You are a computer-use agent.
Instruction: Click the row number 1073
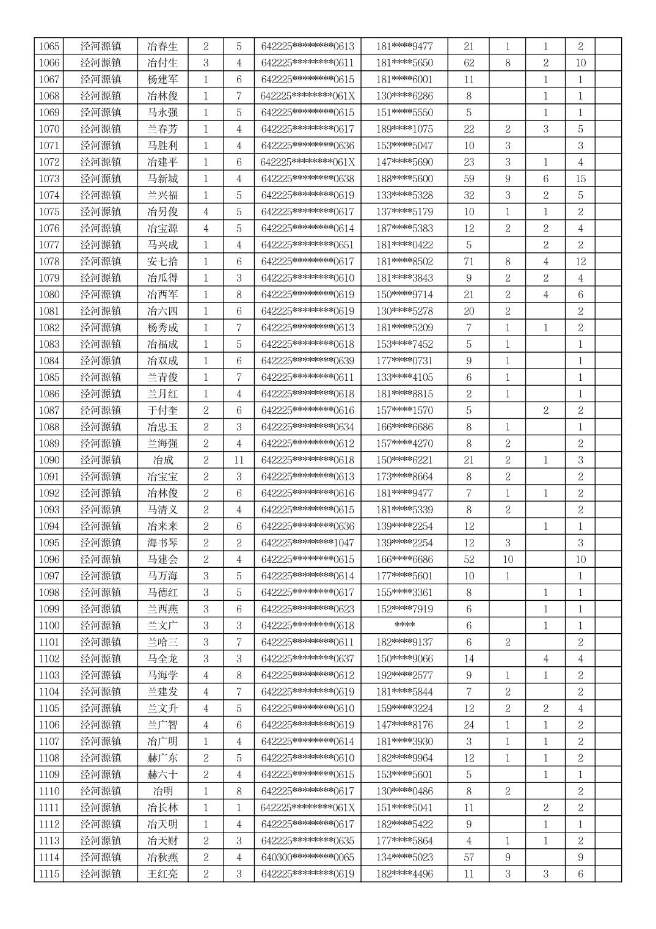pyautogui.click(x=49, y=178)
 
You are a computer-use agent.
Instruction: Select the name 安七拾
pyautogui.click(x=162, y=261)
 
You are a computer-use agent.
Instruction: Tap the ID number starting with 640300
pyautogui.click(x=307, y=857)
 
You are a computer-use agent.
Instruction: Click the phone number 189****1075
pyautogui.click(x=404, y=129)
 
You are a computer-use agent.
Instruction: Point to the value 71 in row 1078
pyautogui.click(x=468, y=261)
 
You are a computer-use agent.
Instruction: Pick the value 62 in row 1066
pyautogui.click(x=468, y=62)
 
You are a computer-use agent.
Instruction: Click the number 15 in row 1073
pyautogui.click(x=580, y=178)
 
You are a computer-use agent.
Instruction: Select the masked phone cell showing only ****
pyautogui.click(x=404, y=625)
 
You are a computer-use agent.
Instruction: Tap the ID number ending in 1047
pyautogui.click(x=307, y=543)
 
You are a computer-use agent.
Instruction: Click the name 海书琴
pyautogui.click(x=162, y=543)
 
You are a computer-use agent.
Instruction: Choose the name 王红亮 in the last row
pyautogui.click(x=162, y=873)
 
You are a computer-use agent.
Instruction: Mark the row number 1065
pyautogui.click(x=49, y=46)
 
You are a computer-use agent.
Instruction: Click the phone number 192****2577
pyautogui.click(x=404, y=675)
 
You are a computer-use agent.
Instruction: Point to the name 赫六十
pyautogui.click(x=162, y=774)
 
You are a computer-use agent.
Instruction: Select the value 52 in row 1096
pyautogui.click(x=468, y=559)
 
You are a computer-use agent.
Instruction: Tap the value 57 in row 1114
pyautogui.click(x=468, y=857)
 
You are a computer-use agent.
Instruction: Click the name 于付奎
pyautogui.click(x=162, y=410)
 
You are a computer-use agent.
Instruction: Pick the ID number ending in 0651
pyautogui.click(x=307, y=244)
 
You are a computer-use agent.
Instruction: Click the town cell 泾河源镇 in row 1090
pyautogui.click(x=101, y=460)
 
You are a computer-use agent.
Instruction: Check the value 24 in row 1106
pyautogui.click(x=468, y=725)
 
